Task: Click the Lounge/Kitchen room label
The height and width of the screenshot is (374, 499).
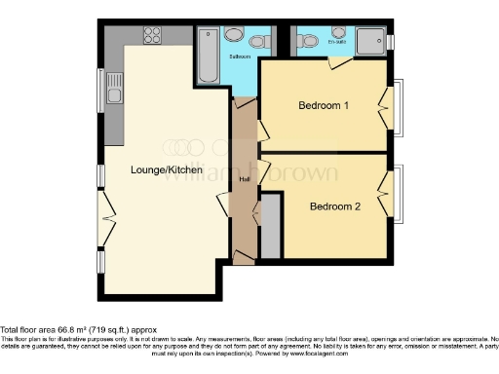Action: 167,169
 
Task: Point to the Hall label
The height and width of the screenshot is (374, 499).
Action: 244,179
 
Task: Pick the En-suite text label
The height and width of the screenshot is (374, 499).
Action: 335,29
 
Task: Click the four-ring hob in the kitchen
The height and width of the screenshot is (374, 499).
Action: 152,35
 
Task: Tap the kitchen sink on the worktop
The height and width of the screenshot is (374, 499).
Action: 115,94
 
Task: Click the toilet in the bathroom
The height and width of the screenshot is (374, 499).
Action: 259,41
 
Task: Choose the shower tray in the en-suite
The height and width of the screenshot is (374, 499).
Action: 369,41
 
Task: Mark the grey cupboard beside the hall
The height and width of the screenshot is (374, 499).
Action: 270,226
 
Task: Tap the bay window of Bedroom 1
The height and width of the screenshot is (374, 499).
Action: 396,106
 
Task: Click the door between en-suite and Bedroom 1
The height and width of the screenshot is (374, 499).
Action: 339,62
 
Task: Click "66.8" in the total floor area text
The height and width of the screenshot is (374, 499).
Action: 66,329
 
